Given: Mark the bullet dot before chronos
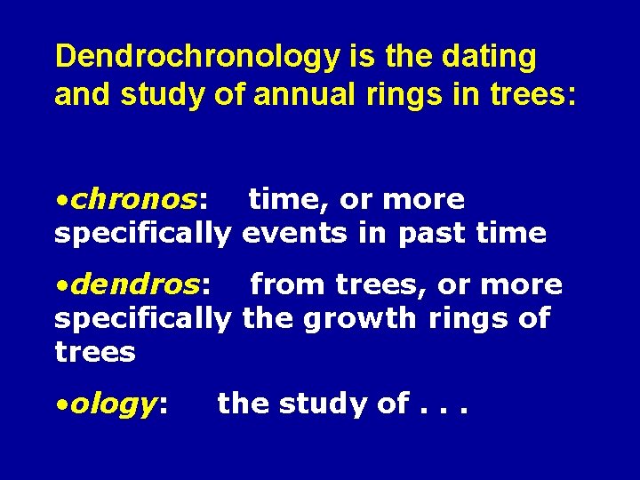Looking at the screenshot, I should pyautogui.click(x=60, y=201).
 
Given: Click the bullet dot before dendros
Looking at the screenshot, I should pyautogui.click(x=60, y=286).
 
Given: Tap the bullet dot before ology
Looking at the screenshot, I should pyautogui.click(x=60, y=405).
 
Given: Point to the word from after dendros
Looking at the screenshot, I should pyautogui.click(x=288, y=284).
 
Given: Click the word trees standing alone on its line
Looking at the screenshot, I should pyautogui.click(x=95, y=352).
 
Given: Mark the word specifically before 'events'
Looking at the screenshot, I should pyautogui.click(x=143, y=233).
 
